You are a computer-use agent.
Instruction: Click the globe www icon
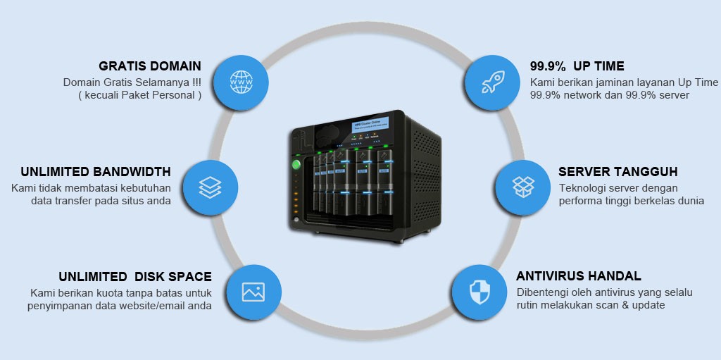pos(241,82)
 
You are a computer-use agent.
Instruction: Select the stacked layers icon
pos(211,187)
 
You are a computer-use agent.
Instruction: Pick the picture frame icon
pos(253,292)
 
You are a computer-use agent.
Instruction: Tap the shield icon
pos(479,292)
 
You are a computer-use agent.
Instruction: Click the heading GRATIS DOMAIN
pos(150,66)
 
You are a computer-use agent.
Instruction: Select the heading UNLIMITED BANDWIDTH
pos(96,171)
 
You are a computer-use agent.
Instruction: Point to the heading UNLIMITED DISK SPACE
pos(135,276)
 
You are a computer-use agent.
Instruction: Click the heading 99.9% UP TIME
pos(577,66)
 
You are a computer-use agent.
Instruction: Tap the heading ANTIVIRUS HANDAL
pos(579,276)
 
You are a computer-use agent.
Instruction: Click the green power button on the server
pos(296,165)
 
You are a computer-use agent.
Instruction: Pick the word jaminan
pos(613,82)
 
